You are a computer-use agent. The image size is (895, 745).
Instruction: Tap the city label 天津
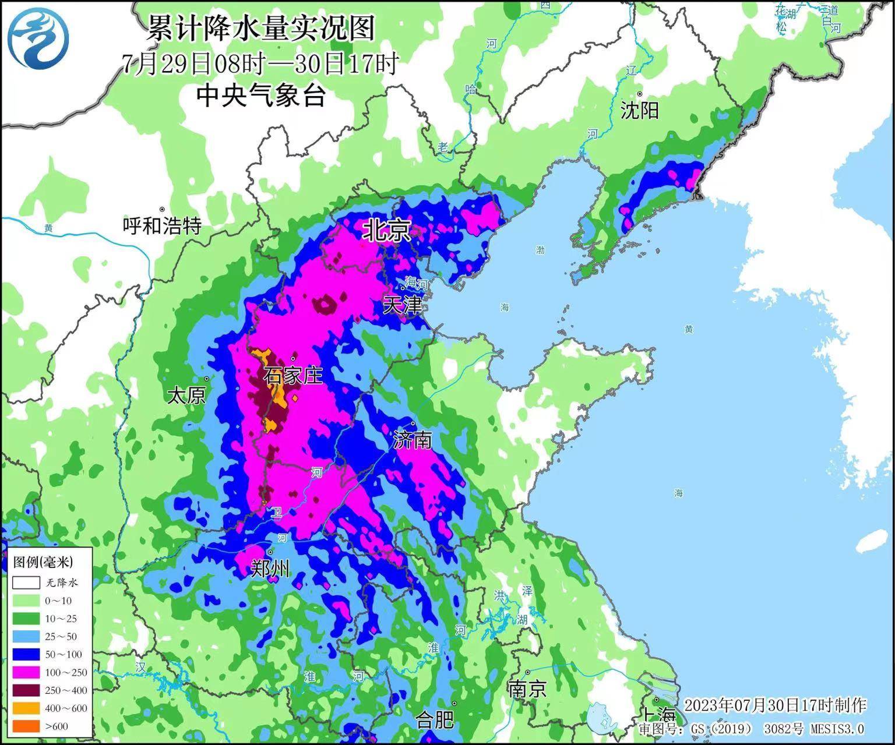(402, 305)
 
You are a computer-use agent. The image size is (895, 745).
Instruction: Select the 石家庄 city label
(293, 376)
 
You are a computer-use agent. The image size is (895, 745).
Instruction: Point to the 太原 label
(186, 396)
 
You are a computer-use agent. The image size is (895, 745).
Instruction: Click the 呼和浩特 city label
(163, 225)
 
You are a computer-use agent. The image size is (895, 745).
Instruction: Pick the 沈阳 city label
(639, 110)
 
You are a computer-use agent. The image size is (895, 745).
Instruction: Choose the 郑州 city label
(270, 568)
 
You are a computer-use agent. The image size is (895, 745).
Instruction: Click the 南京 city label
(527, 689)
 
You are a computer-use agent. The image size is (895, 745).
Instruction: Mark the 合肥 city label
(435, 720)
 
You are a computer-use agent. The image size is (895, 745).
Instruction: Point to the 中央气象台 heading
(260, 96)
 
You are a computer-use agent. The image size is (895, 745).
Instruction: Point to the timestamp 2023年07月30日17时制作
(775, 705)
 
